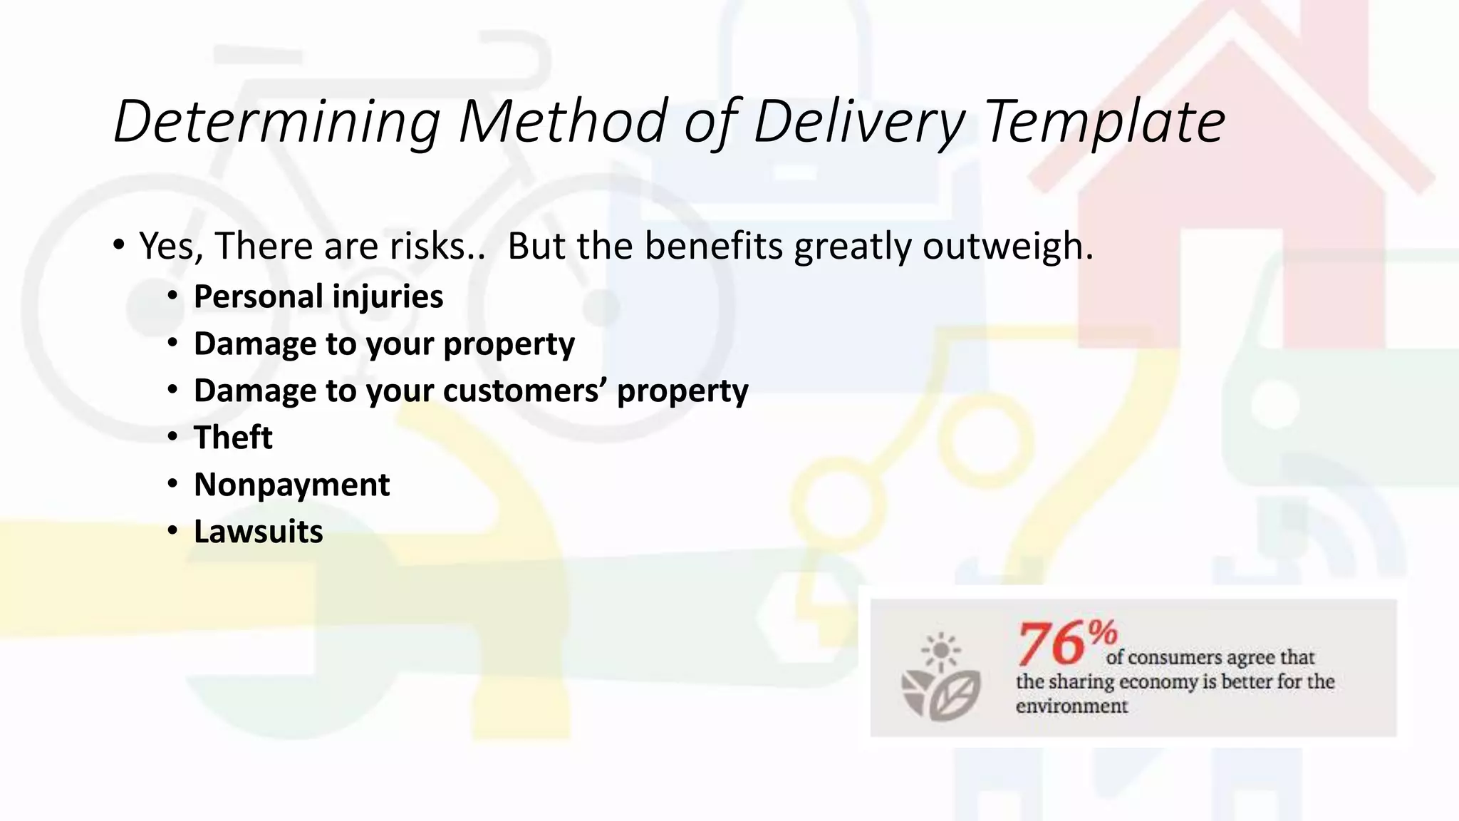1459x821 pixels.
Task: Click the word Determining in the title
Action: point(276,121)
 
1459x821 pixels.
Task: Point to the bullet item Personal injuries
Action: point(318,296)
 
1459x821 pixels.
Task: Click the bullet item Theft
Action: point(233,438)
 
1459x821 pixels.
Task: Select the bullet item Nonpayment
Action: point(291,485)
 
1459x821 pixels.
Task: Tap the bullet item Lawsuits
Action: point(258,532)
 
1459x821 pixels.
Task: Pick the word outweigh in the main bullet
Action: point(1007,247)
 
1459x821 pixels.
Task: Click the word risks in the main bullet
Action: point(427,247)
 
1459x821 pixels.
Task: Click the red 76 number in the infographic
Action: point(1052,644)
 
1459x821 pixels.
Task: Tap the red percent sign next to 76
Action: point(1102,631)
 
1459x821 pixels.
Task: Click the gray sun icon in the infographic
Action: point(940,651)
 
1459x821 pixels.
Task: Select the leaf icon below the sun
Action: point(955,696)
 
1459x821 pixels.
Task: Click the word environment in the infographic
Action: point(1071,706)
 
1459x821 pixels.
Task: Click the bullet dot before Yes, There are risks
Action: point(119,245)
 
